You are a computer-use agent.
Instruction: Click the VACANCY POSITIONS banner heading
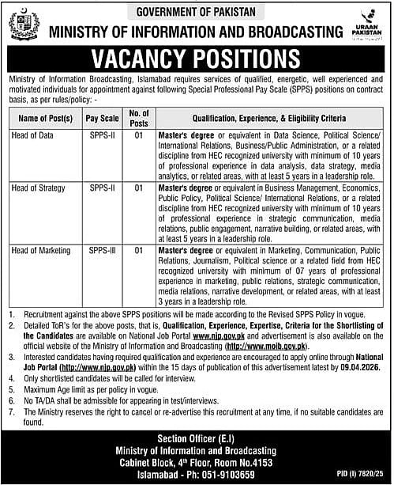pyautogui.click(x=197, y=61)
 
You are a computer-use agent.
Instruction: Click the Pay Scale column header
pyautogui.click(x=103, y=118)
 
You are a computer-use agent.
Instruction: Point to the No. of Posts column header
pyautogui.click(x=138, y=118)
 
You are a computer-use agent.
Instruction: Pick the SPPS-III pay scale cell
pyautogui.click(x=103, y=250)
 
